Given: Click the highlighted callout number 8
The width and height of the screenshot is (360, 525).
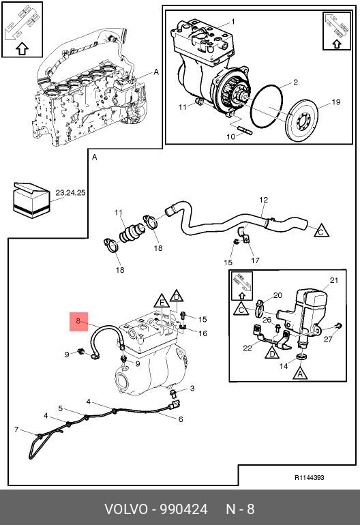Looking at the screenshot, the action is click(78, 320).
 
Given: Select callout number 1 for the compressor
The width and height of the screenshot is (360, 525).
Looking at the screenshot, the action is click(233, 22).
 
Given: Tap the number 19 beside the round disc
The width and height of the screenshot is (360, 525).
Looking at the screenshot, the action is click(336, 102).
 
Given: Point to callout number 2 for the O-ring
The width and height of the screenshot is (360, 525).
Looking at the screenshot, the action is click(295, 82).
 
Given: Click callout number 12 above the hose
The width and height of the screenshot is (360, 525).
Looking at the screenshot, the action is click(264, 200).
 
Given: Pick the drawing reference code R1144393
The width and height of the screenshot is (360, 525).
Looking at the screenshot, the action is click(310, 478).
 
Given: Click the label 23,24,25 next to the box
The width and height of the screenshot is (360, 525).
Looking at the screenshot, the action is click(70, 193).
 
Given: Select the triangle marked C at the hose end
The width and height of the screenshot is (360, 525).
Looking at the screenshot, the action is click(321, 230).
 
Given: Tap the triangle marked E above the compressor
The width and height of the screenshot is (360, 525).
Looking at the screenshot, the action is click(162, 301).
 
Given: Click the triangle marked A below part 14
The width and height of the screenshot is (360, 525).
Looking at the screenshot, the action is click(300, 372).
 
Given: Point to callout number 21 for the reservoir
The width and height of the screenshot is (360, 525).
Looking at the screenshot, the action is click(334, 280).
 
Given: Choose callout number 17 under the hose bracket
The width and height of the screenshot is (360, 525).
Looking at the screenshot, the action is click(255, 260).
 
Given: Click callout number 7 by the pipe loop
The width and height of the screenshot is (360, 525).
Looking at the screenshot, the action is click(16, 430).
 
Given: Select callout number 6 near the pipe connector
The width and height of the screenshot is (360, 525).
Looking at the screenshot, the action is click(181, 419).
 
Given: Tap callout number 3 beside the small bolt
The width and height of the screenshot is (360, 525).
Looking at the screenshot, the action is click(192, 389).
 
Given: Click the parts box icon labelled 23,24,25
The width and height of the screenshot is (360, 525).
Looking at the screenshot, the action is click(31, 200).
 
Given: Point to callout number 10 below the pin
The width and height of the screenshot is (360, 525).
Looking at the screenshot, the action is click(231, 136).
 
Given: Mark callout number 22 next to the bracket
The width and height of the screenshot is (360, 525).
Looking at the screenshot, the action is click(247, 348).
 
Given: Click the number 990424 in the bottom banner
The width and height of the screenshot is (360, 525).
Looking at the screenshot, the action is click(183, 509).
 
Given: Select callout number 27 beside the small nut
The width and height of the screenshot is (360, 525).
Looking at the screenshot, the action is click(328, 339).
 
